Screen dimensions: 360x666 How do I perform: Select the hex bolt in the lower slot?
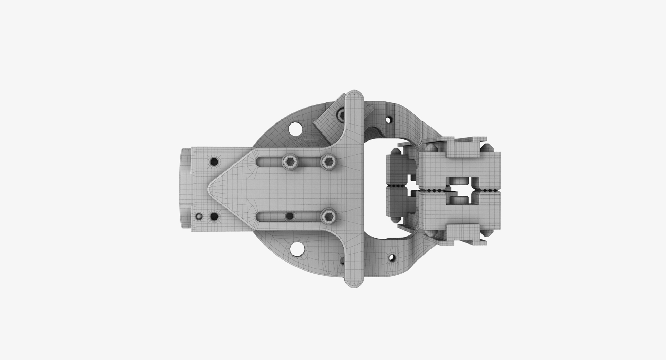click(x=328, y=216)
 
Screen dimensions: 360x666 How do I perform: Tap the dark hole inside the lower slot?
click(x=289, y=216)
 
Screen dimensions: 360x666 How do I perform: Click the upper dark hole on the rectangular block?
click(x=214, y=161)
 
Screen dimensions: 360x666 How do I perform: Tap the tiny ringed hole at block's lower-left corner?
click(x=199, y=216)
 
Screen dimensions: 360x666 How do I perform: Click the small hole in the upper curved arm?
click(x=390, y=120)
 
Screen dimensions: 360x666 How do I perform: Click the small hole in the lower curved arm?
click(x=392, y=258)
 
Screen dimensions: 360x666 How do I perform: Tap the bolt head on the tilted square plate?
click(x=341, y=114)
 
